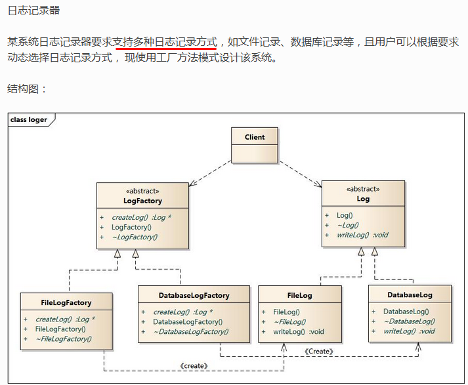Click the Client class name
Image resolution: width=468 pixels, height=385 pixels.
[x=255, y=137]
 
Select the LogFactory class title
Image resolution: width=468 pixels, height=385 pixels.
[x=142, y=201]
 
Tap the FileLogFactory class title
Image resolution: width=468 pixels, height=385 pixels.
[x=66, y=303]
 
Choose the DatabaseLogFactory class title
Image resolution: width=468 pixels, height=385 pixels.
[x=194, y=296]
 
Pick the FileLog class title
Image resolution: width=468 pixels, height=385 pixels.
[x=300, y=296]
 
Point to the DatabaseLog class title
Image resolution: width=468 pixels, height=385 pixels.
[x=410, y=295]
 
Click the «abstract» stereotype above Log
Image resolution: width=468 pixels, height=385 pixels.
[x=363, y=189]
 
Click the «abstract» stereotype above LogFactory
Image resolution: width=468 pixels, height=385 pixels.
[x=142, y=191]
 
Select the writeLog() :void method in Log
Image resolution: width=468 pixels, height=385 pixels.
[x=362, y=235]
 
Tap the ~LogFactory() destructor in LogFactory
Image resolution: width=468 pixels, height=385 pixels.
[x=135, y=237]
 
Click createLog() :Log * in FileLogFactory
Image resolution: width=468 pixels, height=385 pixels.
[x=65, y=319]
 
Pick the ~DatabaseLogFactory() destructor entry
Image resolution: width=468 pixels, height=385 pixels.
[x=191, y=332]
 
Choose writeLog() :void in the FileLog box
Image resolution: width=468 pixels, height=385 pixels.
[x=299, y=332]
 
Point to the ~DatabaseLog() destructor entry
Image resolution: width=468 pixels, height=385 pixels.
[x=409, y=321]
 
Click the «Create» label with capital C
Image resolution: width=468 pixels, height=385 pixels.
[x=319, y=352]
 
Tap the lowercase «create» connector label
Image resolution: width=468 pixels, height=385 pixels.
[x=194, y=366]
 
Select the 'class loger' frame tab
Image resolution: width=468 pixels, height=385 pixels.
[x=29, y=119]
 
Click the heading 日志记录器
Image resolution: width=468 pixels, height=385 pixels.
[x=33, y=10]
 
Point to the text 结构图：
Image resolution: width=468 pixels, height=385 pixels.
[x=26, y=89]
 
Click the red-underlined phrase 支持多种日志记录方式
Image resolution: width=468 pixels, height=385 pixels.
[x=165, y=42]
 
